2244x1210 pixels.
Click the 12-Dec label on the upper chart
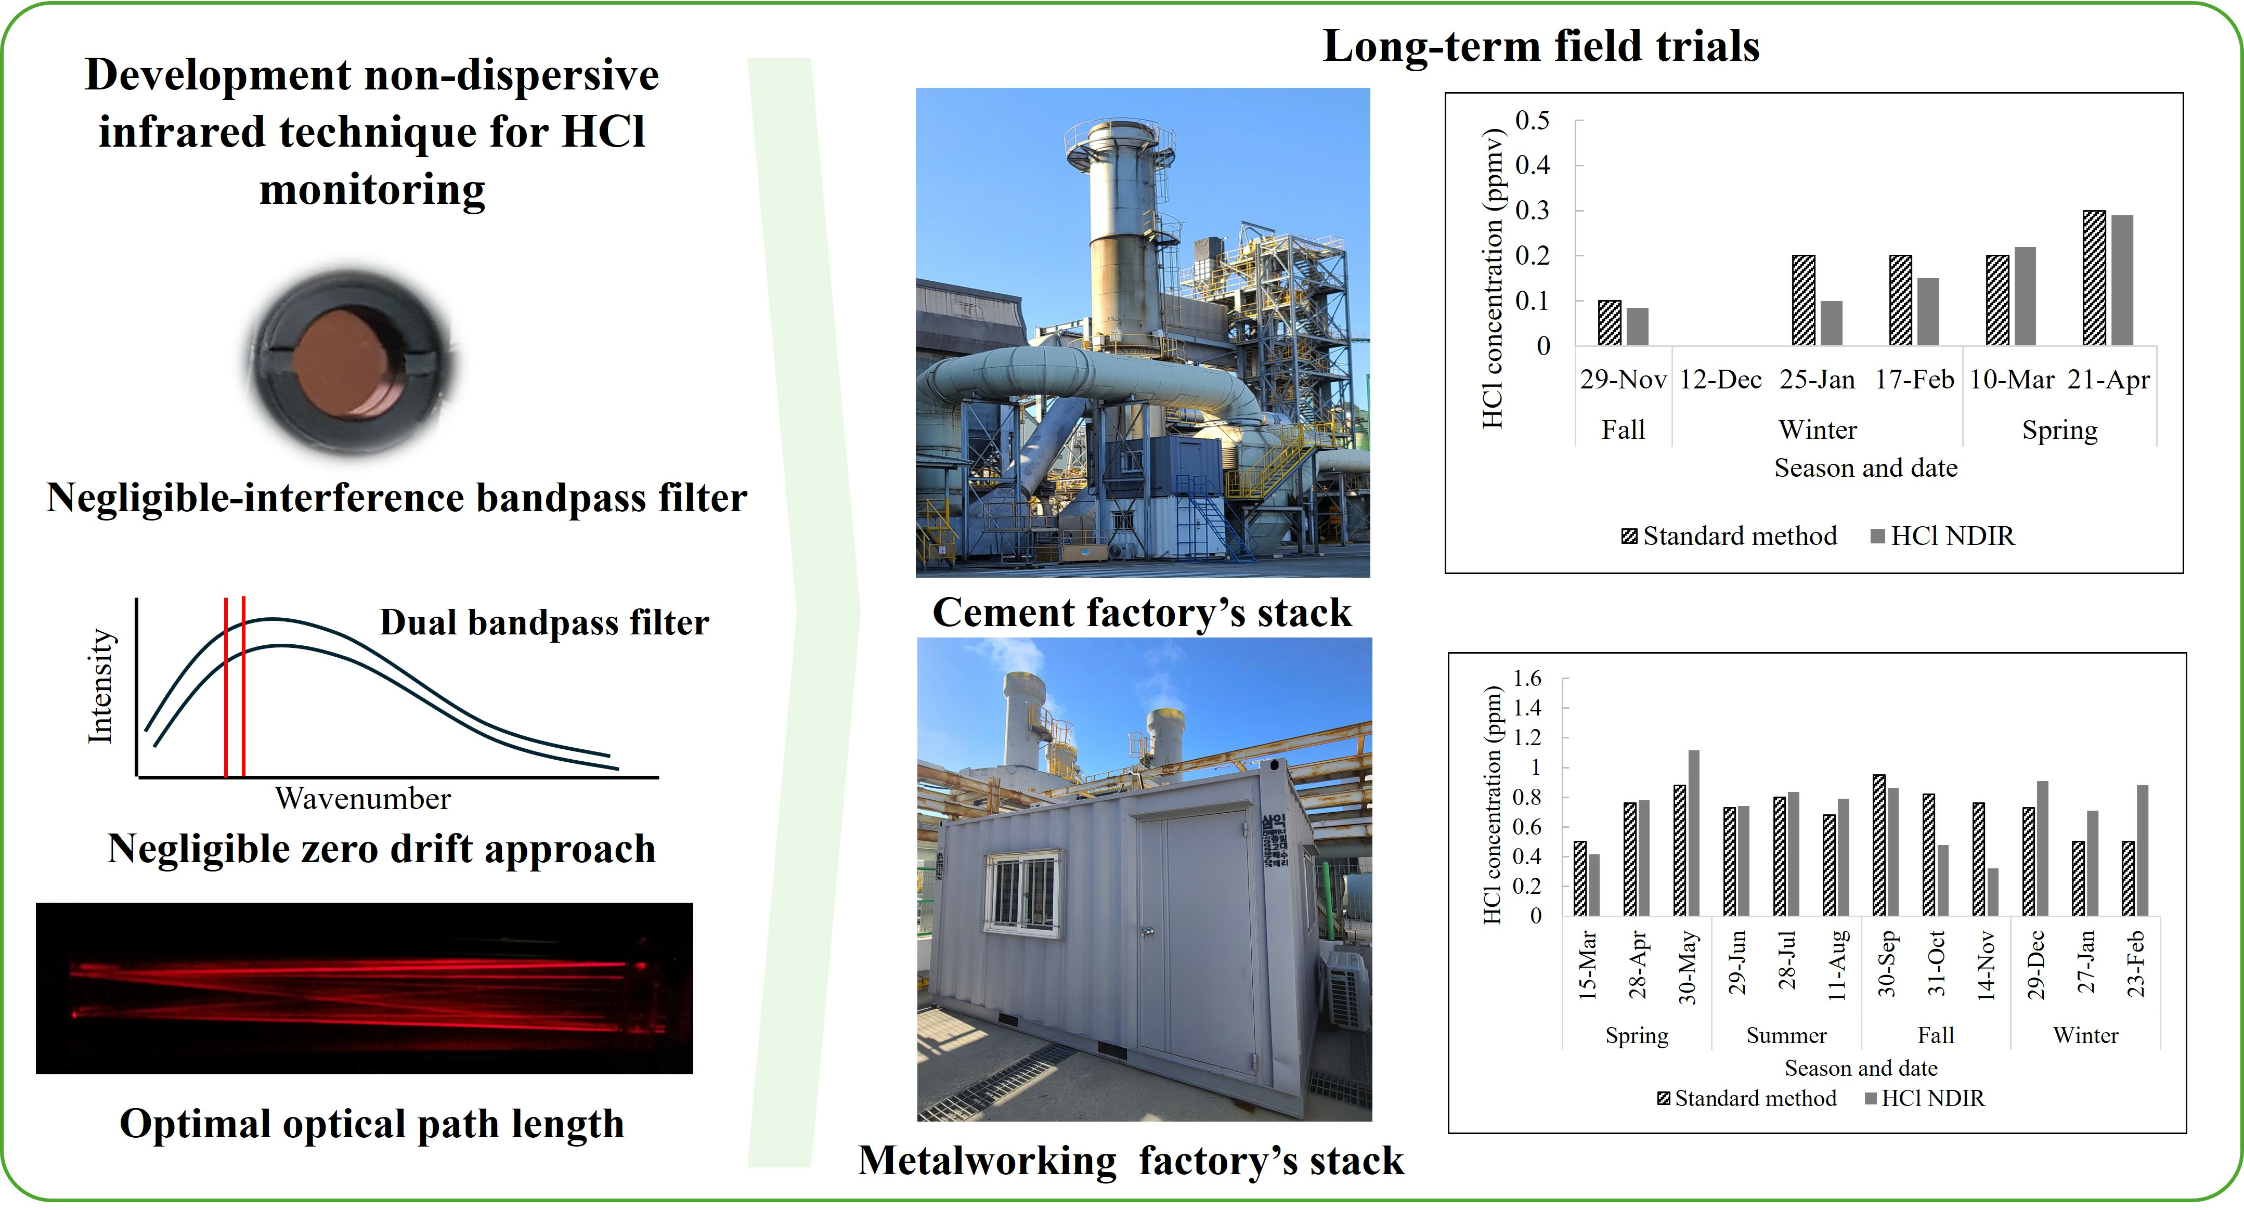(1720, 380)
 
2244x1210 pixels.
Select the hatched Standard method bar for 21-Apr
(2094, 278)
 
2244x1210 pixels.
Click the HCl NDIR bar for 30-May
(1693, 833)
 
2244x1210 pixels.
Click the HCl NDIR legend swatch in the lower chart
(1870, 1099)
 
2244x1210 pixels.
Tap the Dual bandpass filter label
(544, 623)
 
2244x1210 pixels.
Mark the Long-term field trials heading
(1541, 46)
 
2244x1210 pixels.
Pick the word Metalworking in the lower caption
(987, 1161)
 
